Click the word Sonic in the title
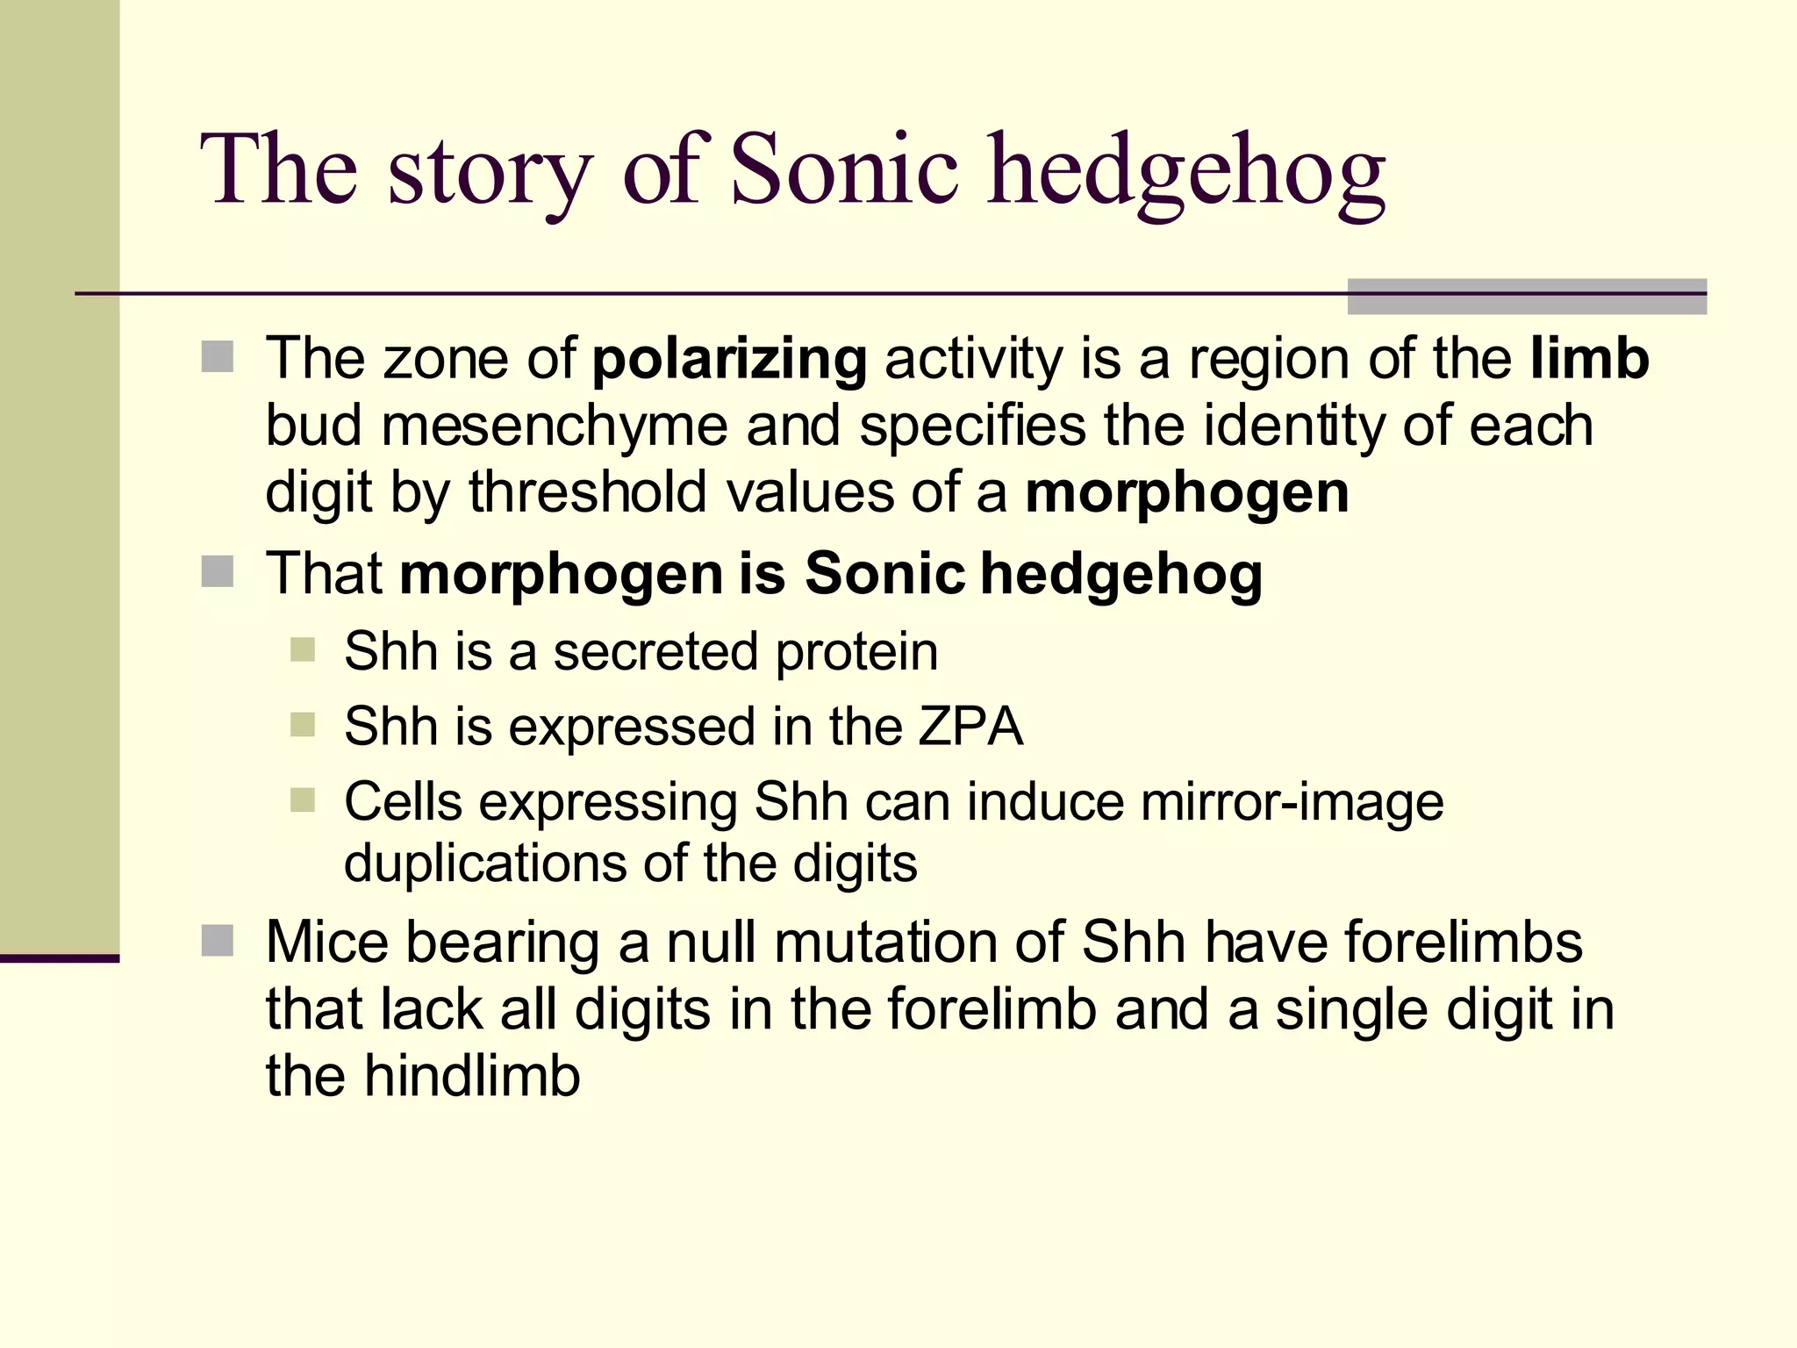coord(843,169)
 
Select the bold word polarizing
coord(730,359)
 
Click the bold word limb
coord(1590,359)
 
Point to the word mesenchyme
coord(555,427)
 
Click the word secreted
coord(655,652)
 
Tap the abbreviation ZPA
coord(971,727)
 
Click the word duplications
coord(485,864)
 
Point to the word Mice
coord(326,943)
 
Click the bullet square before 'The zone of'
coord(217,357)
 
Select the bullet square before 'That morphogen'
coord(217,572)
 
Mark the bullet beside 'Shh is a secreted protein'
coord(302,651)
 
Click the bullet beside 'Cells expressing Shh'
coord(302,800)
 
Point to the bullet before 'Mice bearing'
coord(217,941)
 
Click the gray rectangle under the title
coord(1527,297)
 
